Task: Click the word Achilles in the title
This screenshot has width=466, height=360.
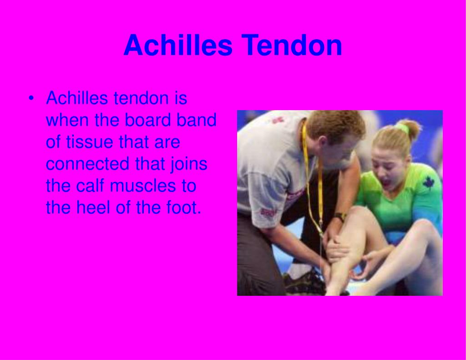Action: pos(178,45)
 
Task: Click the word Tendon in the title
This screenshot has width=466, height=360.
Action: pos(292,45)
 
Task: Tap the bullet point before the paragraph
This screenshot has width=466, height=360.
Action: pos(31,98)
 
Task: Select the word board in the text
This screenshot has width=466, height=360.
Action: pos(147,120)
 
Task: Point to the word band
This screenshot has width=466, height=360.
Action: pos(196,120)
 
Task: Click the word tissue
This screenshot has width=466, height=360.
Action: pos(89,142)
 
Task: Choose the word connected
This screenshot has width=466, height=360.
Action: pos(88,164)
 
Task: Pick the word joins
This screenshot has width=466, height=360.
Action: pos(189,164)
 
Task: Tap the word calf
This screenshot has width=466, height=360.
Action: pos(90,186)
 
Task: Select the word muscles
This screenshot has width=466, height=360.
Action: pos(142,186)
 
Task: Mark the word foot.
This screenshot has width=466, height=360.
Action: pos(184,207)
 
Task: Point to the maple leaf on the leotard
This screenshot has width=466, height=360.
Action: pos(428,182)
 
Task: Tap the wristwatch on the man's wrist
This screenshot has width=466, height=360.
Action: pos(339,217)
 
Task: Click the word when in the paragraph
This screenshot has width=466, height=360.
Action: pos(67,120)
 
